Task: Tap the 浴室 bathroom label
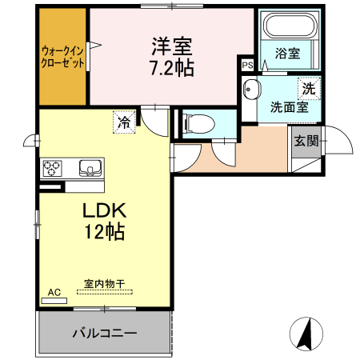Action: (287, 54)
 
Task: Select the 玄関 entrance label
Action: (306, 142)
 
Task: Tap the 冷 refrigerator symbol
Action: (124, 122)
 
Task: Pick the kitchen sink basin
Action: (90, 168)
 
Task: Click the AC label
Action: (54, 293)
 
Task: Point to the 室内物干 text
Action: (105, 283)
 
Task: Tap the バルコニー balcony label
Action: (104, 333)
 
